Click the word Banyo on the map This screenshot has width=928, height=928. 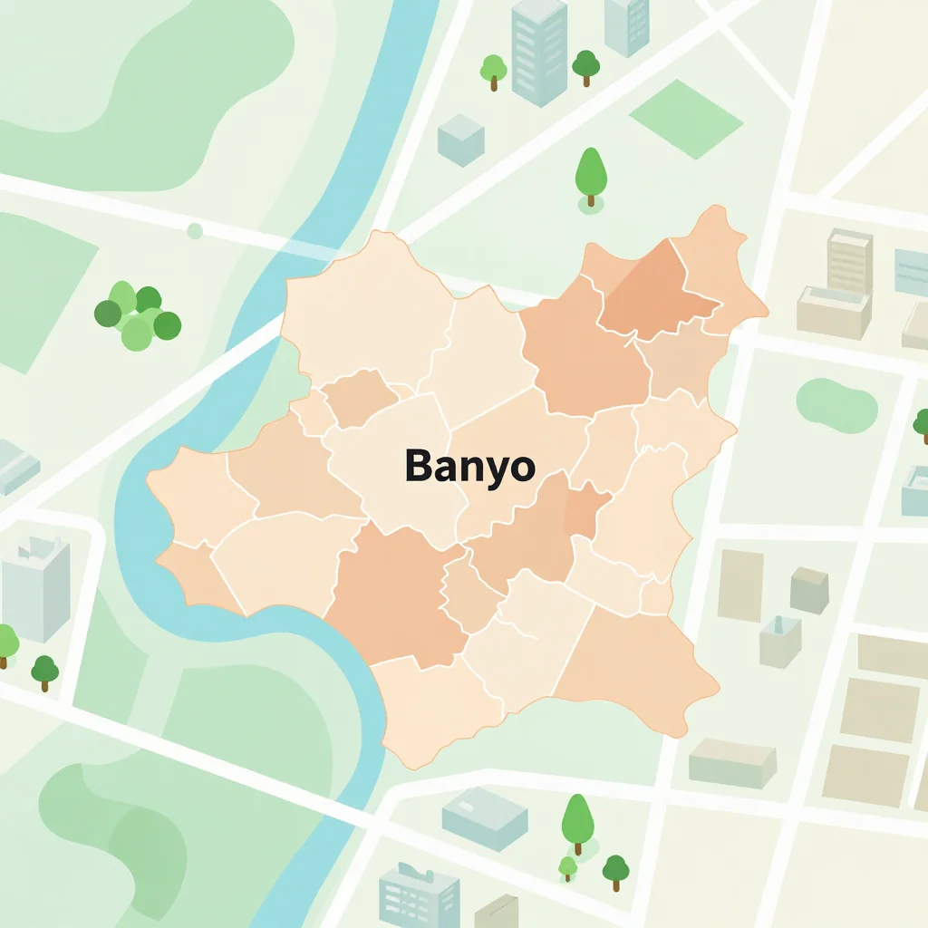(x=469, y=467)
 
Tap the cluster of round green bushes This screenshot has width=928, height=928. (x=137, y=316)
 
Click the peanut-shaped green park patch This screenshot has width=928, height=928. (x=836, y=404)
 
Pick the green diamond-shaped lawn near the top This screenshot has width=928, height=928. (x=685, y=119)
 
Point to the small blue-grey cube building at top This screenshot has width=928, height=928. (x=460, y=140)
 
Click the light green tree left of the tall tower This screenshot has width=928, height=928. (x=493, y=71)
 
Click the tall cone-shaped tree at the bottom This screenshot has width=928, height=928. (x=576, y=821)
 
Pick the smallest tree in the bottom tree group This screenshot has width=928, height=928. (x=567, y=867)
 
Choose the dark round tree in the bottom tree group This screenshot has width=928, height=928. (x=615, y=871)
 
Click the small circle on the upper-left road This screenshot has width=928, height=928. (x=194, y=230)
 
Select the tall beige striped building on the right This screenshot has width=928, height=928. (x=849, y=261)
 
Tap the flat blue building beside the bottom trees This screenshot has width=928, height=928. (x=484, y=817)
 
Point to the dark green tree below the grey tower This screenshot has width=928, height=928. (x=44, y=672)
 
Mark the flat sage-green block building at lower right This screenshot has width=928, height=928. (x=732, y=762)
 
